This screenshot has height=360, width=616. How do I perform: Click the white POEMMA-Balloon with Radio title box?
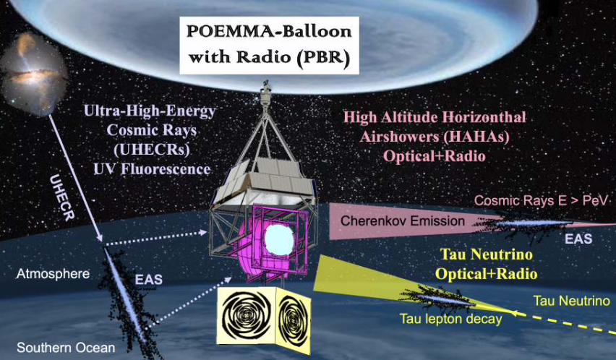(269, 45)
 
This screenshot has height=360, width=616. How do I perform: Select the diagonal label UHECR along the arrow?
(62, 197)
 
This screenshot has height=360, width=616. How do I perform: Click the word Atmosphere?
(53, 274)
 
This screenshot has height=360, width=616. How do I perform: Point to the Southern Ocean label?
(66, 348)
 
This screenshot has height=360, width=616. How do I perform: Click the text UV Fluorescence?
(152, 169)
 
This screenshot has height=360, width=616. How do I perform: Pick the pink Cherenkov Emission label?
(403, 220)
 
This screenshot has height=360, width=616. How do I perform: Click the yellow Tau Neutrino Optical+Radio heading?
(487, 264)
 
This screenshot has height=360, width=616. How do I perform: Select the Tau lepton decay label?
(450, 318)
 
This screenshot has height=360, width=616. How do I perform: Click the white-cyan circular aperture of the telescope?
(279, 240)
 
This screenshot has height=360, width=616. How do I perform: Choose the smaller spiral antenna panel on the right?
(294, 320)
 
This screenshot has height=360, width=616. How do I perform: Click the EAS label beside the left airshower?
(148, 280)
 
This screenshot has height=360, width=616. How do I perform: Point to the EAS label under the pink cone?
(578, 239)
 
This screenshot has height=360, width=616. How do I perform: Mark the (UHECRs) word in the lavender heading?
(151, 150)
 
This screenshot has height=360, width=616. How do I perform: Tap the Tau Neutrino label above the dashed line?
(572, 301)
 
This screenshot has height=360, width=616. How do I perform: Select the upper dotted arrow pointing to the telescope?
(155, 239)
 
